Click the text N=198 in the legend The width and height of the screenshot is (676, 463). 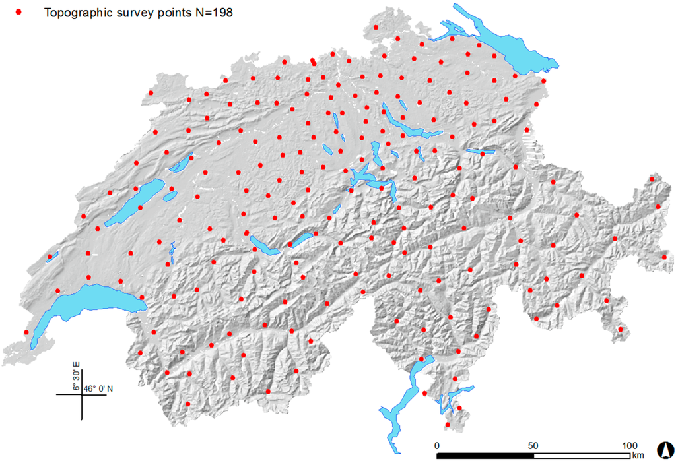click(210, 13)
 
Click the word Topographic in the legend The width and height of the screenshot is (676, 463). click(71, 13)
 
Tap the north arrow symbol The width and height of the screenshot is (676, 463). click(666, 450)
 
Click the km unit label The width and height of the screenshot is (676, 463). click(637, 456)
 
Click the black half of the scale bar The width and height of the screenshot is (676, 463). click(485, 455)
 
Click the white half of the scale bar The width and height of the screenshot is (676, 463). click(582, 455)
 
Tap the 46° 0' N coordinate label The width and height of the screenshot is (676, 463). click(98, 388)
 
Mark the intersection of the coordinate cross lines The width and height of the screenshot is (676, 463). click(82, 394)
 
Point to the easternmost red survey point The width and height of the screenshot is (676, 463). click(665, 256)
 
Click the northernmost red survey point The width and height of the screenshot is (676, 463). click(376, 28)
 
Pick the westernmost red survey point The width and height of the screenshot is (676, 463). click(26, 332)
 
